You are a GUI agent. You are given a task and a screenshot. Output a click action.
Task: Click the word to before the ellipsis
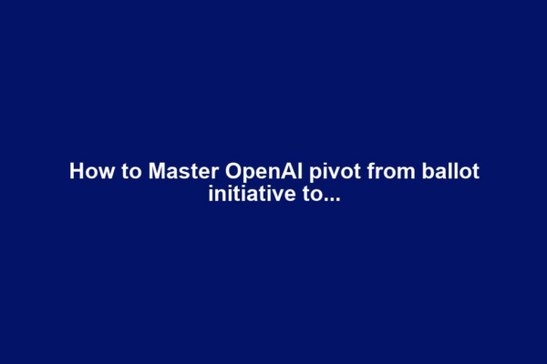tap(304, 193)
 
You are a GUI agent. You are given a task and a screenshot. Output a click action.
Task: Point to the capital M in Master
tap(146, 171)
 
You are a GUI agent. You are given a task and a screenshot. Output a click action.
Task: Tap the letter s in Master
tap(169, 172)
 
